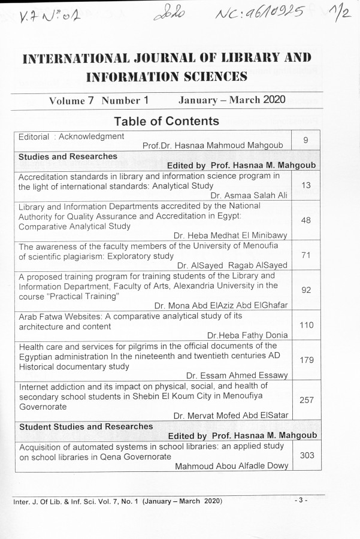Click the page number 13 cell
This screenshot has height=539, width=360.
tap(305, 186)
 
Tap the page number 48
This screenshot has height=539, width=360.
tap(305, 220)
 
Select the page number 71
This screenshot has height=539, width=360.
tap(305, 255)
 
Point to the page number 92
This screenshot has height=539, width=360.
tap(305, 290)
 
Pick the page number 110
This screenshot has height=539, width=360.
tap(305, 325)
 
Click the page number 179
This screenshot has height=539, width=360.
tap(306, 360)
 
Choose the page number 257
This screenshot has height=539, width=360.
tap(306, 399)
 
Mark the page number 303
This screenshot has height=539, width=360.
tap(307, 455)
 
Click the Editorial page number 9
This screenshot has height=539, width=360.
tap(305, 140)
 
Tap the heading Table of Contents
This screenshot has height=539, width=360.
tap(167, 121)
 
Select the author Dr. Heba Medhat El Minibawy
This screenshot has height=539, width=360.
tap(231, 235)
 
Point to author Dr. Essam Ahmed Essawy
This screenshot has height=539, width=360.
tap(237, 376)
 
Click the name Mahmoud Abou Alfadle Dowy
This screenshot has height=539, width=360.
tap(231, 466)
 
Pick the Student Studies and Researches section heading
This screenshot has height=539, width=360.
tap(86, 426)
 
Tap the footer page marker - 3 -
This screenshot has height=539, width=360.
tap(301, 499)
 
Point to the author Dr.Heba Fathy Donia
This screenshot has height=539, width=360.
tap(247, 335)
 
